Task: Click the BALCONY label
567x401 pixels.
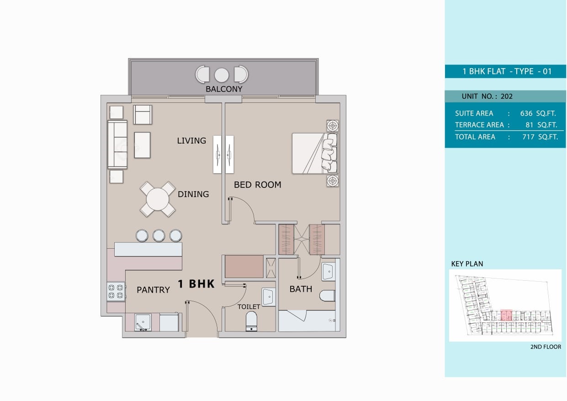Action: coord(223,89)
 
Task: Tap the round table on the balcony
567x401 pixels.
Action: coord(222,75)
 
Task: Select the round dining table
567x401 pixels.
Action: coord(157,199)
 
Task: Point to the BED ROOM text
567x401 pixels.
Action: coord(257,185)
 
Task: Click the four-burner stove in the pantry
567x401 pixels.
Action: coord(116,292)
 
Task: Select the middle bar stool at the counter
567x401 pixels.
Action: coord(159,235)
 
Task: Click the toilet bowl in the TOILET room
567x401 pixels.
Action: coord(252,321)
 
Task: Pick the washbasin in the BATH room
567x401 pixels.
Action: coord(328,272)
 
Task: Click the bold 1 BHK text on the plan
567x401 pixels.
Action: coord(196,284)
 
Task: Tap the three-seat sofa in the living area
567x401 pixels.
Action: coord(117,144)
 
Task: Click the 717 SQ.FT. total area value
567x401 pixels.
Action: coord(540,137)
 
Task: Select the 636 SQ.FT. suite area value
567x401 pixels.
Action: coord(538,113)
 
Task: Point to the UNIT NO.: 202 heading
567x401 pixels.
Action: coord(487,96)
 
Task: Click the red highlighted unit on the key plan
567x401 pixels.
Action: coord(506,315)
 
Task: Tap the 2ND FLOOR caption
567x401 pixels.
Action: coord(545,347)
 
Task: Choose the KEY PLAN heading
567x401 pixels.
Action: coord(467,264)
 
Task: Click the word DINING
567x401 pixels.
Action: coord(193,194)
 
